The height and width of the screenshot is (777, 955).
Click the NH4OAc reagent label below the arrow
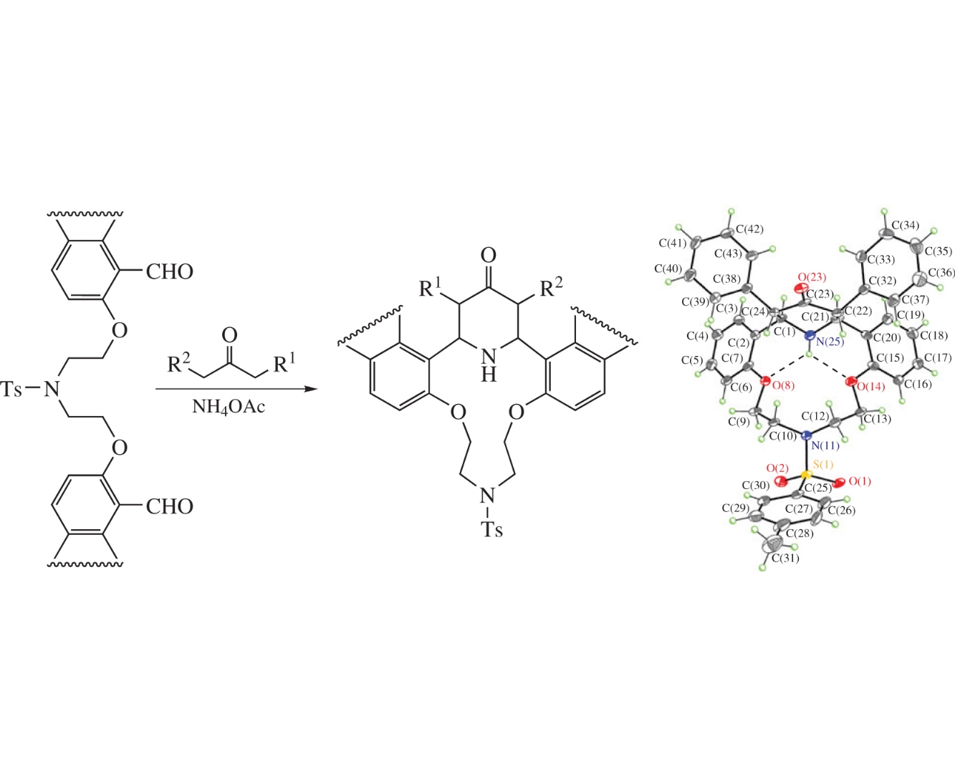(x=228, y=407)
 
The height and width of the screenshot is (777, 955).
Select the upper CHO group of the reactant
(x=170, y=272)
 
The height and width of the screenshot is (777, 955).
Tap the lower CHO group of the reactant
(x=170, y=507)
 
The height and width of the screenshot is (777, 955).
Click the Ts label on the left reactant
(x=13, y=390)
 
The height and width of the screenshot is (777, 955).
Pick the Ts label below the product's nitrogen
(x=491, y=530)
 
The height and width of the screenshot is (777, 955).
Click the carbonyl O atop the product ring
(x=489, y=256)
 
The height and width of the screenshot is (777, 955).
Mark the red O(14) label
(x=871, y=387)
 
